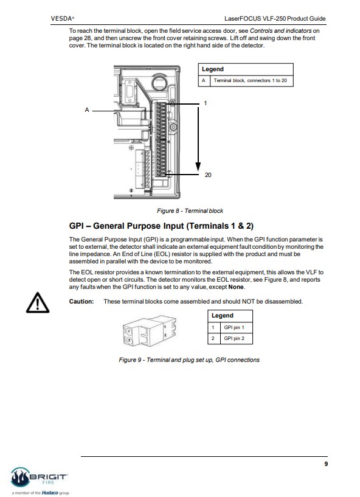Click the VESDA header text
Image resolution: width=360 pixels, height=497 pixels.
pos(63,18)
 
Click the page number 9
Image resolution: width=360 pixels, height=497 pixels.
pos(326,464)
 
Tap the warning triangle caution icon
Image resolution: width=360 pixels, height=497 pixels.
pos(38,303)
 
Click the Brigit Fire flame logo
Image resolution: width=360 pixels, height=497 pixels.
pos(21,477)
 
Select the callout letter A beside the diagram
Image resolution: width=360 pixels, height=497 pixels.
pos(87,110)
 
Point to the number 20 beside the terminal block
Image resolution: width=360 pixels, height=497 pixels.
pos(208,175)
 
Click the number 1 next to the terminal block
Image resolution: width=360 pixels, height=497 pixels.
pos(206,103)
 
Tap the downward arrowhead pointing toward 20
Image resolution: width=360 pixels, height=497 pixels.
pos(198,167)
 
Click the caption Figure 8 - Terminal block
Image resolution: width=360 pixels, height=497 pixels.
pos(190,210)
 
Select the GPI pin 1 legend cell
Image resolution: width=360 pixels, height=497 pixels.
pos(237,327)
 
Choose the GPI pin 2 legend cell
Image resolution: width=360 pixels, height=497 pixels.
pos(237,338)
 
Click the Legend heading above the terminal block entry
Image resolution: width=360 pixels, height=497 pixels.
pos(213,69)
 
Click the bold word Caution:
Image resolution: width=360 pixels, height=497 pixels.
pos(81,302)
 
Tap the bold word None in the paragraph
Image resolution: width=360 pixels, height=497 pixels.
pos(236,287)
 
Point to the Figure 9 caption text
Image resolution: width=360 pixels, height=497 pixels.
pos(189,360)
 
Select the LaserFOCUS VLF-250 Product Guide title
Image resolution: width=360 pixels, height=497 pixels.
pos(275,18)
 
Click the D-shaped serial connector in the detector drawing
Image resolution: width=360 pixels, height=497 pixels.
pos(130,91)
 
